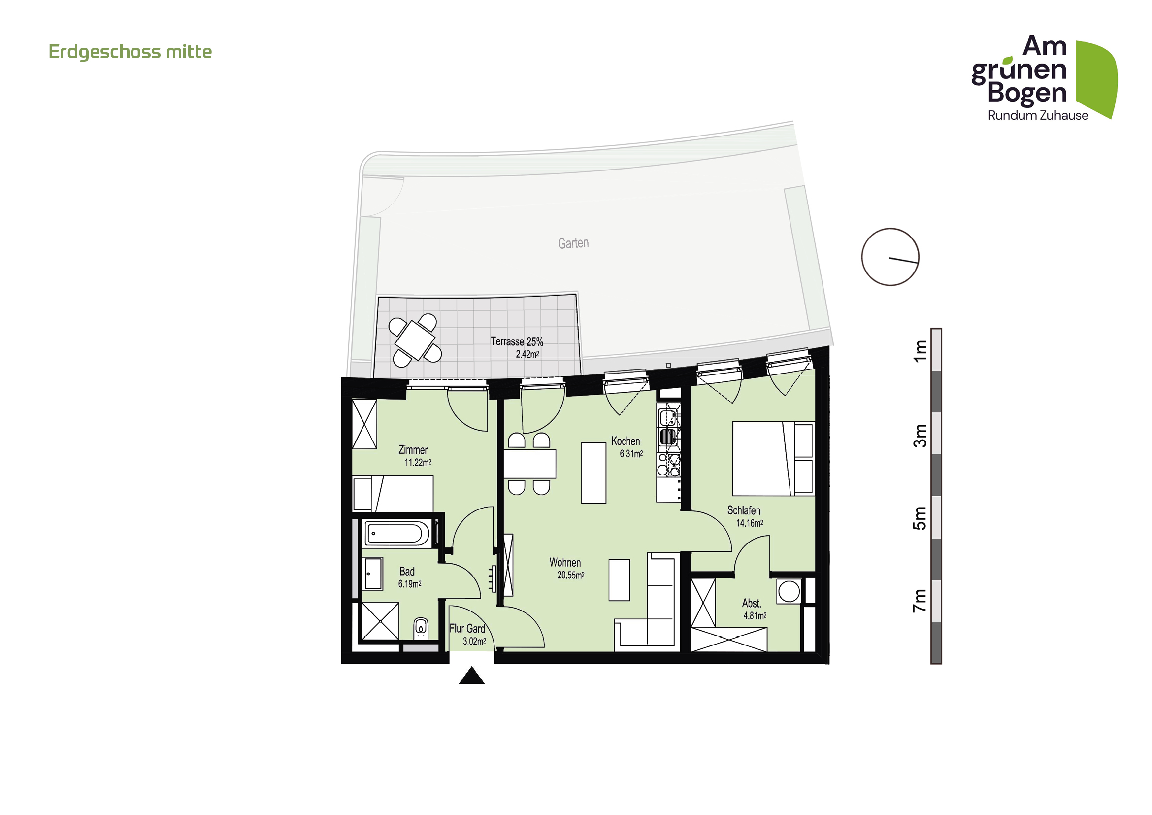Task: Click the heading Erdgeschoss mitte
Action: pyautogui.click(x=130, y=52)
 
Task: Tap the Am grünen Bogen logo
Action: pyautogui.click(x=1044, y=78)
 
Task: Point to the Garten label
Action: pyautogui.click(x=573, y=243)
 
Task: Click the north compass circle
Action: pyautogui.click(x=889, y=257)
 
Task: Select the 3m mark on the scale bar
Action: pyautogui.click(x=920, y=436)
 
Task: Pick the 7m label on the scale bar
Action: pyautogui.click(x=920, y=601)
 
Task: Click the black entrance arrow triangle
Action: pyautogui.click(x=472, y=676)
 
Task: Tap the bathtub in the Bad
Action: pyautogui.click(x=396, y=534)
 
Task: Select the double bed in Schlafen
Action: pyautogui.click(x=773, y=458)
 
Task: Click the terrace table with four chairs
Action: pyautogui.click(x=415, y=340)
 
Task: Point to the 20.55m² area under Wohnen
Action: pyautogui.click(x=570, y=576)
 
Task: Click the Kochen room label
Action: pyautogui.click(x=625, y=441)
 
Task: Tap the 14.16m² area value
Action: pyautogui.click(x=750, y=523)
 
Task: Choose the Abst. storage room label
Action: pyautogui.click(x=751, y=603)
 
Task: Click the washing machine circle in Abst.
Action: pyautogui.click(x=789, y=591)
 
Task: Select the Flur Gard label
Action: pyautogui.click(x=467, y=629)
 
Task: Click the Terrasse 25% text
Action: pyautogui.click(x=517, y=342)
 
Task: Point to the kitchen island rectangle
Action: pyautogui.click(x=593, y=473)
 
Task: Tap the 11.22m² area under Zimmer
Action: pyautogui.click(x=418, y=463)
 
